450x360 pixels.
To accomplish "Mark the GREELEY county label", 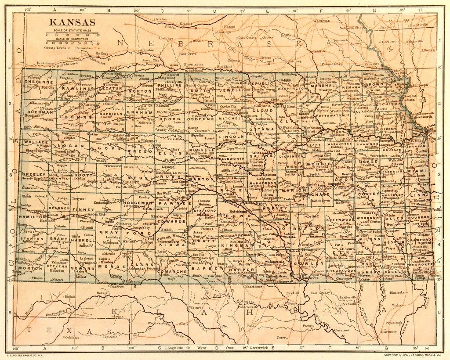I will click(30, 174).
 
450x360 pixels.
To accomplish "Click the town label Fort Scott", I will click(420, 225).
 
